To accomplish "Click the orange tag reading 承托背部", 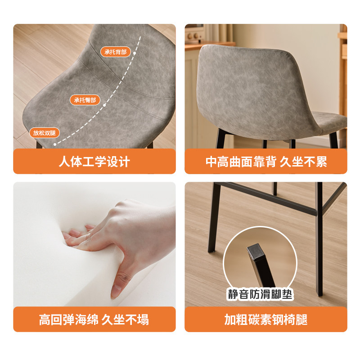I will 116,52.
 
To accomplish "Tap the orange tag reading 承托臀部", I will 85,100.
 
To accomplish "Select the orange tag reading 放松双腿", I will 45,133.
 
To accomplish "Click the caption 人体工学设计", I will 94,162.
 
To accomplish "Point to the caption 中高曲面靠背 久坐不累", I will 266,162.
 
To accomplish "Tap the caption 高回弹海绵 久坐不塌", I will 94,319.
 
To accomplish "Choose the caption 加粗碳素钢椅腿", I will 266,319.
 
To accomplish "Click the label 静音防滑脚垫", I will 260,295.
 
